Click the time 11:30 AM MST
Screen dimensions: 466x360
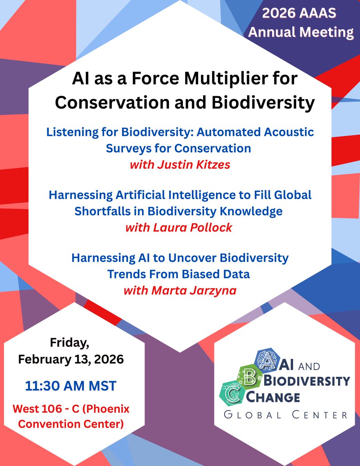pyautogui.click(x=71, y=386)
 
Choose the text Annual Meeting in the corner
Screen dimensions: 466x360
pyautogui.click(x=301, y=32)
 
